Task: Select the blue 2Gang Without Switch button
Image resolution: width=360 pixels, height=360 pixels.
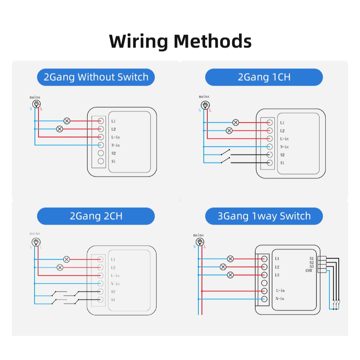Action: click(96, 77)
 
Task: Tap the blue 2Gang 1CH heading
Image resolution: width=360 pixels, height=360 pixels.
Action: click(264, 77)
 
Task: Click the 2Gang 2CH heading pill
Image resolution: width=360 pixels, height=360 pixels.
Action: click(96, 216)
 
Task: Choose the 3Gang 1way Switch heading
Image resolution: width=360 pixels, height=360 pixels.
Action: click(264, 216)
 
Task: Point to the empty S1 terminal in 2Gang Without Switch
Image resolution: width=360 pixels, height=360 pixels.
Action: click(101, 161)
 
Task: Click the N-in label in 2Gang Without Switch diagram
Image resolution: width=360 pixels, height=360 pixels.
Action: click(116, 145)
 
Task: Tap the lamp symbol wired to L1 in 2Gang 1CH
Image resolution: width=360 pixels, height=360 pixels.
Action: click(236, 122)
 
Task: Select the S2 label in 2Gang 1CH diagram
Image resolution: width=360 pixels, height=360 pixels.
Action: click(283, 155)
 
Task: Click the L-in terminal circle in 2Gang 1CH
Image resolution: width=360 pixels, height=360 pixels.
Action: click(269, 139)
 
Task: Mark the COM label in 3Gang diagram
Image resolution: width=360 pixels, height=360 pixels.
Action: click(309, 270)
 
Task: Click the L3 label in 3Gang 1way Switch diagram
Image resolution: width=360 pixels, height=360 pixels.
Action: click(277, 275)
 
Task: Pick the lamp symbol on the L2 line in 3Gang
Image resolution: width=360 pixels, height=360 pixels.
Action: click(223, 267)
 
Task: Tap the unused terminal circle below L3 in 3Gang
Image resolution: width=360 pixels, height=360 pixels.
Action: click(264, 283)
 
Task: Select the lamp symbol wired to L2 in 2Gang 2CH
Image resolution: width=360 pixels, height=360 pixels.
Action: click(60, 267)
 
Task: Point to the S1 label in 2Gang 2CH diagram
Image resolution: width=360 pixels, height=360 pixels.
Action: click(113, 300)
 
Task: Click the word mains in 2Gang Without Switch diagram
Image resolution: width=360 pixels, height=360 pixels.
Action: click(35, 97)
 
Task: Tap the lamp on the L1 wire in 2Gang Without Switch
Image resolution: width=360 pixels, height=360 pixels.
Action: click(67, 121)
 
